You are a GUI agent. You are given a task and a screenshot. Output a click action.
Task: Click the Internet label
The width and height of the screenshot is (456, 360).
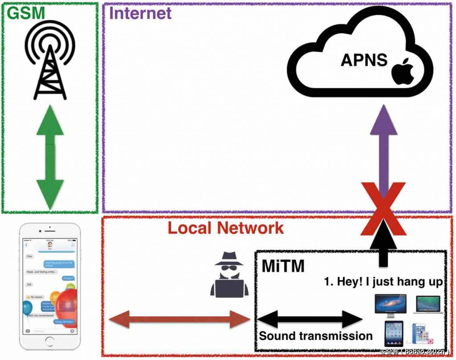point(140,13)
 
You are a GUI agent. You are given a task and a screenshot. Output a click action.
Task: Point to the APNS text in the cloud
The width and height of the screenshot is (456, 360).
point(364,60)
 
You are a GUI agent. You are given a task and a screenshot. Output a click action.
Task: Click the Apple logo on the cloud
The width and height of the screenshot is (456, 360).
point(403,71)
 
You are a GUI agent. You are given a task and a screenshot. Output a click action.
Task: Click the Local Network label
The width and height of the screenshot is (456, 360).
point(225,228)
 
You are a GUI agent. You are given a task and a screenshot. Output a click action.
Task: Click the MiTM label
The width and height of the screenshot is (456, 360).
point(282,266)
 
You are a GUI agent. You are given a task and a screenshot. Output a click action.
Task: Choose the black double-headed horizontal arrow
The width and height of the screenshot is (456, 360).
point(310,318)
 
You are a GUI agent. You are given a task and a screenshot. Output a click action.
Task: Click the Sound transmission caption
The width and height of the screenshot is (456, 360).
point(316,336)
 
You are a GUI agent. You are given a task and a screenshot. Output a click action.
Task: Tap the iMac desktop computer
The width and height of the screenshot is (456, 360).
point(391,305)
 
